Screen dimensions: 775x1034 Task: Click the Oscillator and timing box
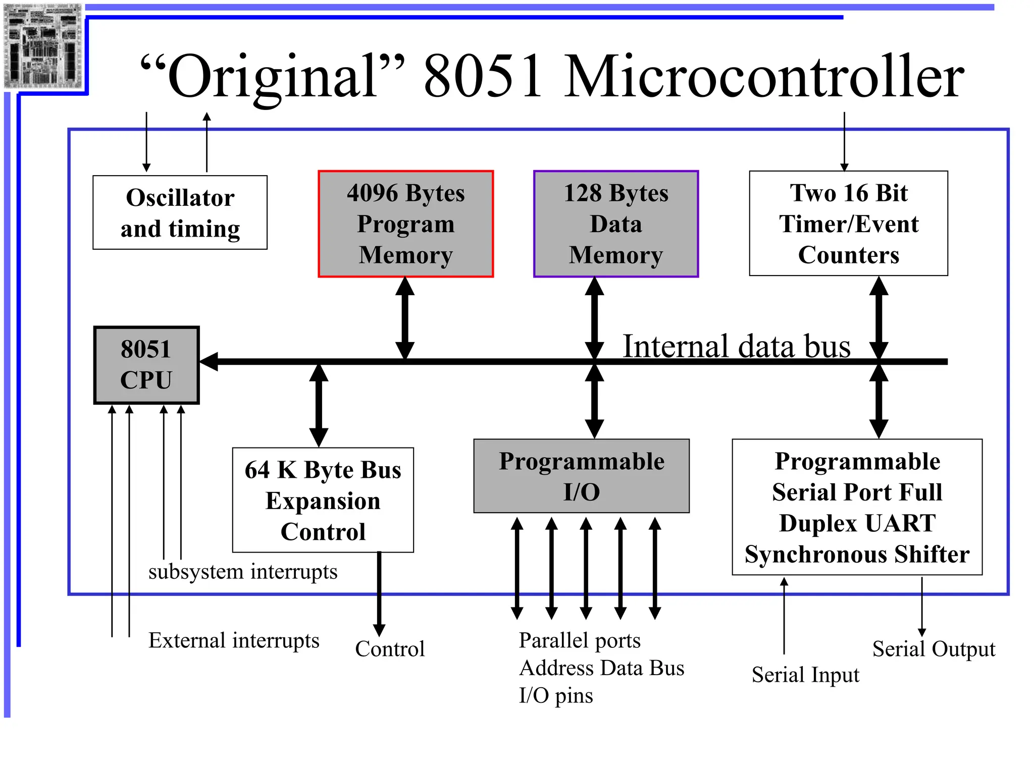[x=180, y=212]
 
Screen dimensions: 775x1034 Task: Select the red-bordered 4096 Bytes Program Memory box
[x=405, y=224]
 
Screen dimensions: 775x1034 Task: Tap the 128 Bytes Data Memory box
[x=615, y=224]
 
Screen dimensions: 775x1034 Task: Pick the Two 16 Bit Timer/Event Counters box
[x=848, y=224]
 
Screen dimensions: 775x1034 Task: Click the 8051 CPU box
[x=146, y=365]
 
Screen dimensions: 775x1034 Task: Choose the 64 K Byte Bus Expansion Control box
[x=323, y=500]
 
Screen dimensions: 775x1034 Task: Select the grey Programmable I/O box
[x=581, y=476]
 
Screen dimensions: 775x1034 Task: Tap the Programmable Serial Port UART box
[x=857, y=507]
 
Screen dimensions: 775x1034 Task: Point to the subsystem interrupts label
[x=243, y=572]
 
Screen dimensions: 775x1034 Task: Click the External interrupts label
[x=234, y=640]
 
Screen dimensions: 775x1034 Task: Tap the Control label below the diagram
[x=390, y=649]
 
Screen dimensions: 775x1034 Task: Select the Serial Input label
[x=805, y=675]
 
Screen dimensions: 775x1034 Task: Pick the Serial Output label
[x=934, y=649]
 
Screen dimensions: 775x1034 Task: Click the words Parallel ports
[x=580, y=640]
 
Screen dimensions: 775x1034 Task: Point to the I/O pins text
[x=556, y=695]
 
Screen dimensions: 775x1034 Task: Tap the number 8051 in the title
[x=483, y=77]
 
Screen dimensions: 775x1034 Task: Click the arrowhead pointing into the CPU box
[x=208, y=361]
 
